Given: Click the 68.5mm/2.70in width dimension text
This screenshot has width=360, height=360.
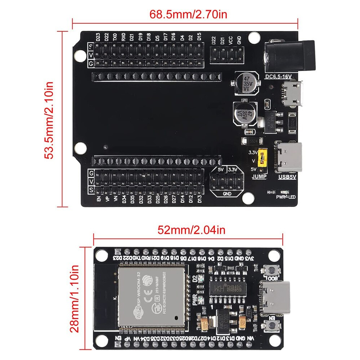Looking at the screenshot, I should pyautogui.click(x=186, y=15).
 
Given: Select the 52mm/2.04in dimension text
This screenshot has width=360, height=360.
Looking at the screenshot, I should pyautogui.click(x=186, y=230).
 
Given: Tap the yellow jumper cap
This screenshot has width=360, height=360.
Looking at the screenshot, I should pyautogui.click(x=264, y=158).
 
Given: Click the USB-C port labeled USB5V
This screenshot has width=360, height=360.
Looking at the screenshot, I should pyautogui.click(x=289, y=157).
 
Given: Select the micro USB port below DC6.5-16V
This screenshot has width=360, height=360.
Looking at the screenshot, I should pyautogui.click(x=293, y=94).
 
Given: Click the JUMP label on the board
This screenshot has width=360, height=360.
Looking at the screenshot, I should pyautogui.click(x=260, y=176).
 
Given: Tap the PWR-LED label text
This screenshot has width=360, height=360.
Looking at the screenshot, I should pyautogui.click(x=286, y=197).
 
